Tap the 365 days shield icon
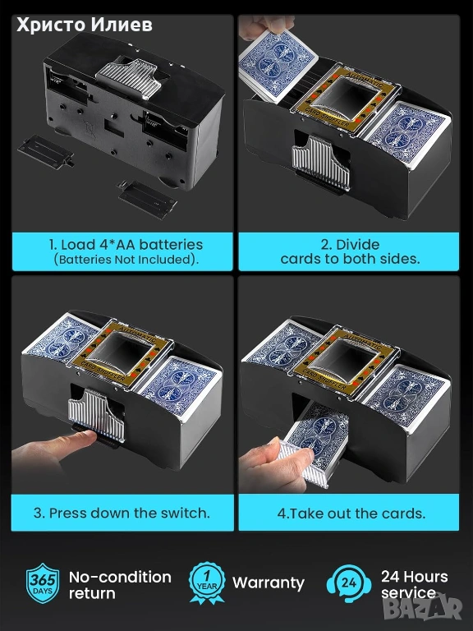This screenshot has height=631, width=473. (x=43, y=583)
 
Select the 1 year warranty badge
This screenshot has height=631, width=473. (x=207, y=583)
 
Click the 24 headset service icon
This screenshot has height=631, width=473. (x=348, y=583)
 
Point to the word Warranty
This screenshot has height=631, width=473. (x=269, y=583)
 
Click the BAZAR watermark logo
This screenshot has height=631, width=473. (x=422, y=608)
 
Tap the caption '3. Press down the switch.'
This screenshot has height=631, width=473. (x=122, y=513)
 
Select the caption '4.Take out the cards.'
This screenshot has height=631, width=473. (x=351, y=514)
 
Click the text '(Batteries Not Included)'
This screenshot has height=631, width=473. (x=126, y=260)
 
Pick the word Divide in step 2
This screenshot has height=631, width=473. (x=357, y=245)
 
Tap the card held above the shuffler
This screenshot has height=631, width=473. (x=278, y=64)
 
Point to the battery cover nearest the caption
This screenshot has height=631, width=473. (x=148, y=199)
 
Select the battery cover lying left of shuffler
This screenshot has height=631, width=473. (x=45, y=152)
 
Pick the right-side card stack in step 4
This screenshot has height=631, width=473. (x=406, y=398)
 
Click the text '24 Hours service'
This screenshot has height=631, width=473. (x=414, y=584)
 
